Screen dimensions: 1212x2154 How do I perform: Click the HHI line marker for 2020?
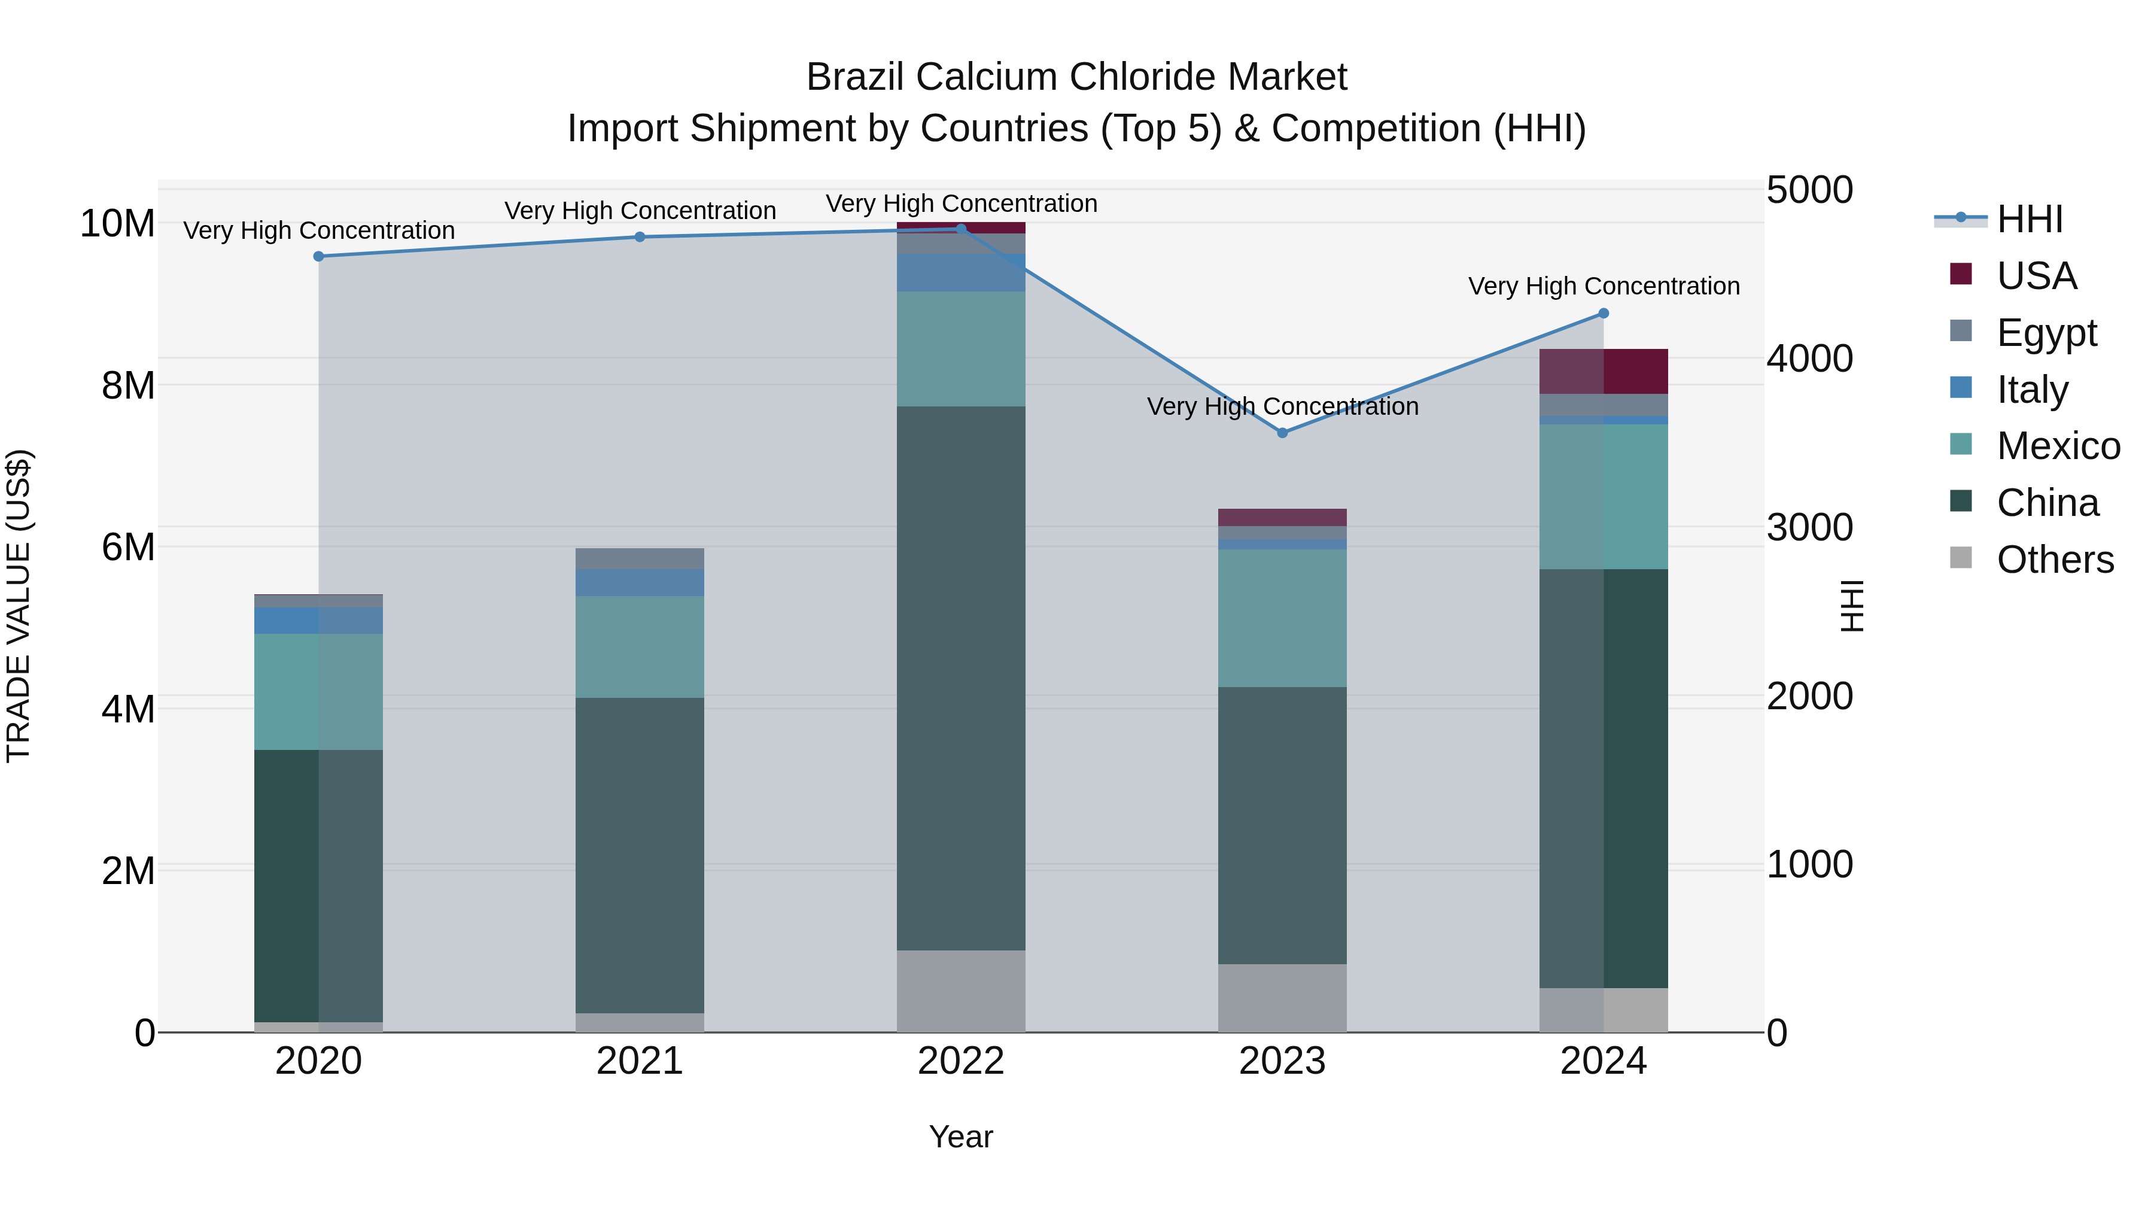pos(318,256)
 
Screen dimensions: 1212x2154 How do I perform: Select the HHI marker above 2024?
pos(1603,314)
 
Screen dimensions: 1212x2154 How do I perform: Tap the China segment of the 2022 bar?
pos(961,678)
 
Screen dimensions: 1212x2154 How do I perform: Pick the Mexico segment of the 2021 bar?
pos(640,646)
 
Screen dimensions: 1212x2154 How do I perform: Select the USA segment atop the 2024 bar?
pos(1603,370)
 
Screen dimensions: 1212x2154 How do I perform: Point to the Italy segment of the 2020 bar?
pos(318,620)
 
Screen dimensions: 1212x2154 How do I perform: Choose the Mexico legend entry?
pos(2057,446)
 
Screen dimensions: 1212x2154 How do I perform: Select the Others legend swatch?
pos(1961,558)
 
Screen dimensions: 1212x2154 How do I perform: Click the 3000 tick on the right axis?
pos(1809,528)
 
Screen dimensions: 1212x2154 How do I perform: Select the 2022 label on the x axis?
pos(961,1061)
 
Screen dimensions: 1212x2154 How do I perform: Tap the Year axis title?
pos(961,1137)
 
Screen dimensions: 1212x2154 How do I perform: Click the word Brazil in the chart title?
pos(856,77)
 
